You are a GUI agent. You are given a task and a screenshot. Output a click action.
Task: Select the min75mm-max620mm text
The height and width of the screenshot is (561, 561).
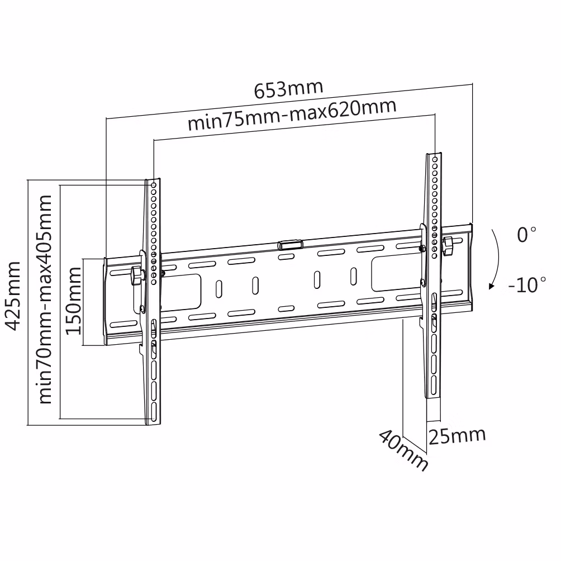[x=292, y=115]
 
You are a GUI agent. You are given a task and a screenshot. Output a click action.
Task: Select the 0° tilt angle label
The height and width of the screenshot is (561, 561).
[x=526, y=235]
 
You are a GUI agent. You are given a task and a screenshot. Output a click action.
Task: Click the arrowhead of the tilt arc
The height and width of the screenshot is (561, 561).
[x=491, y=287]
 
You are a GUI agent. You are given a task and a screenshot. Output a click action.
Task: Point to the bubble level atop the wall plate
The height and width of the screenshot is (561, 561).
[x=290, y=244]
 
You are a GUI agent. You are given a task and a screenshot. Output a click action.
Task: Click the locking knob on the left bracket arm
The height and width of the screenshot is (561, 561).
[x=136, y=275]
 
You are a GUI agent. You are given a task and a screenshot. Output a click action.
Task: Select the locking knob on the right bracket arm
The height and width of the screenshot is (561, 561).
[x=448, y=246]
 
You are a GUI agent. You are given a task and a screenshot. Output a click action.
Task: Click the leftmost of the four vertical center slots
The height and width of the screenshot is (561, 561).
[x=218, y=288]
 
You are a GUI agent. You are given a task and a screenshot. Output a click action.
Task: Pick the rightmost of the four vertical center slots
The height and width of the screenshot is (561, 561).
[x=353, y=275]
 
